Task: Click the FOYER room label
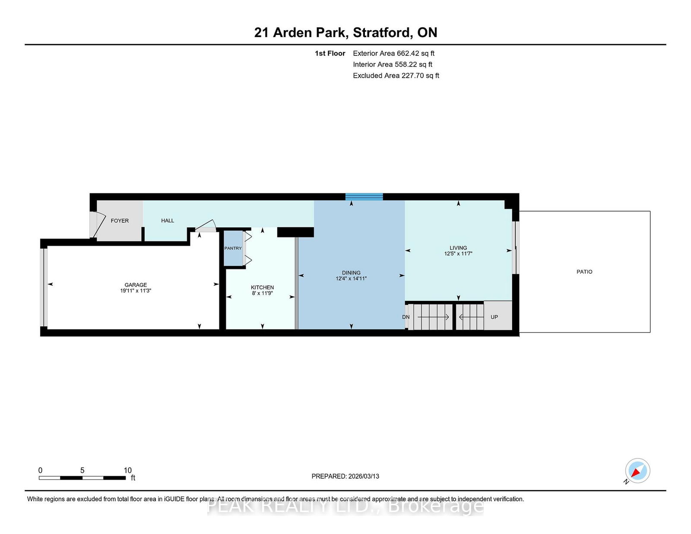(120, 221)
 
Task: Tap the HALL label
(168, 221)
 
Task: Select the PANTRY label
(233, 248)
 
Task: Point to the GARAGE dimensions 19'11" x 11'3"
(136, 291)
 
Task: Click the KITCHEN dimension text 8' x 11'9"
(262, 293)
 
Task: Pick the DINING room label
(351, 273)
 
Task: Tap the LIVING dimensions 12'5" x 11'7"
(458, 254)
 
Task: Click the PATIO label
(584, 272)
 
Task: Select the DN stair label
(406, 317)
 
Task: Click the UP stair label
(494, 317)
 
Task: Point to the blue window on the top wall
(364, 197)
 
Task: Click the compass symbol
(637, 471)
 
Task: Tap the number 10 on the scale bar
(127, 470)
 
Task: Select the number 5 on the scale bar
(82, 470)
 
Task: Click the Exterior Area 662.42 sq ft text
(394, 54)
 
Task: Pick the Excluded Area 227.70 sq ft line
(396, 76)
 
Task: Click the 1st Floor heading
(330, 54)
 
